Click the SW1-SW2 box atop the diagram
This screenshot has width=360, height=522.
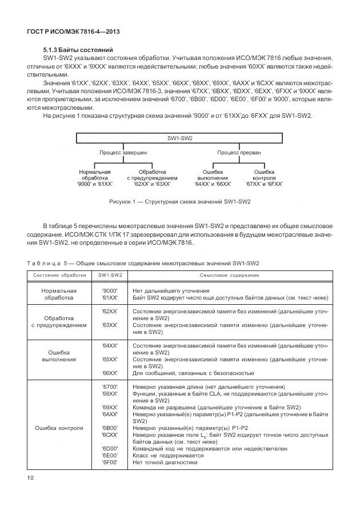coord(179,138)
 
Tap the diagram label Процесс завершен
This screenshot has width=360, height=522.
coord(123,153)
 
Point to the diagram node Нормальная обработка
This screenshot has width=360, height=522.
coord(94,177)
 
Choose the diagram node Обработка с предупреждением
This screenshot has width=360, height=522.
coord(152,177)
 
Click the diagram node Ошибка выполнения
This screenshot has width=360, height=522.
coord(213,177)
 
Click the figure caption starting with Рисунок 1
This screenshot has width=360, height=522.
coord(179,202)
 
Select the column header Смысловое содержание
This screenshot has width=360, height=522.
coord(229,275)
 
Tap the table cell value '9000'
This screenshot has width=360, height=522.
coord(109,291)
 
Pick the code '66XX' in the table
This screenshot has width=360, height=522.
coord(109,373)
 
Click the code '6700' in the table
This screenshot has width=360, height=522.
coord(109,387)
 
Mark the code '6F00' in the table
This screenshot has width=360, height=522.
coord(109,462)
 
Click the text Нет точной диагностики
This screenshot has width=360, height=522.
coord(165,462)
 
